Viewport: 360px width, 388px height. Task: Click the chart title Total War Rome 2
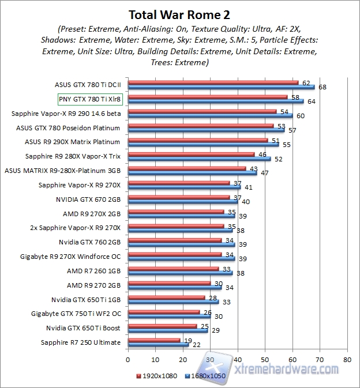click(179, 13)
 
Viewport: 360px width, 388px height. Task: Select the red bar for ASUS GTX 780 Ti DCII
click(212, 82)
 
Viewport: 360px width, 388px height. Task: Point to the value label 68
click(322, 88)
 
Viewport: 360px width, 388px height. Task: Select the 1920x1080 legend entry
click(159, 375)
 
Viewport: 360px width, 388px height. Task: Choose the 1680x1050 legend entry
click(204, 375)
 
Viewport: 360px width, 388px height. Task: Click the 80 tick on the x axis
click(347, 359)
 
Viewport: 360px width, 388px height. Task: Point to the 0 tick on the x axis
click(128, 359)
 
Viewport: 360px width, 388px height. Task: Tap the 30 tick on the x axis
click(210, 359)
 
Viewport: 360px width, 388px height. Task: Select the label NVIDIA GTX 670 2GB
click(88, 199)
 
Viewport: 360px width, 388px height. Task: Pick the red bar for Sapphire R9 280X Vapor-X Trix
click(191, 155)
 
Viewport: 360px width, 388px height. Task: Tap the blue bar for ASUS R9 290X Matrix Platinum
click(203, 144)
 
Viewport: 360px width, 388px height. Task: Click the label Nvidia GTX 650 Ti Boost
click(83, 328)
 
